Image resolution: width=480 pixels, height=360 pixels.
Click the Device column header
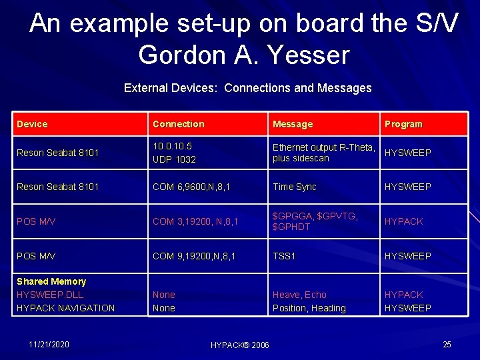32,124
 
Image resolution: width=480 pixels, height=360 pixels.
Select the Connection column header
178,124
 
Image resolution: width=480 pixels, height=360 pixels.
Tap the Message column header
292,124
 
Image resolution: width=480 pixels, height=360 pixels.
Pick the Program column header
403,124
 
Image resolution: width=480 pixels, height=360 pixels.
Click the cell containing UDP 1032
174,159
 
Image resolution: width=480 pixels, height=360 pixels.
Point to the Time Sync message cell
294,187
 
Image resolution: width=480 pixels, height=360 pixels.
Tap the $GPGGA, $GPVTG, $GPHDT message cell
315,221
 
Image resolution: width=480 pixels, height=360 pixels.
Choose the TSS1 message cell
285,256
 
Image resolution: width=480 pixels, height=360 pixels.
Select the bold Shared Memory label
51,281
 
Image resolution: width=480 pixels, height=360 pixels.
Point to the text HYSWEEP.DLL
50,295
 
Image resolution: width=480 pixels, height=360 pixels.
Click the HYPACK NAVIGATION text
65,308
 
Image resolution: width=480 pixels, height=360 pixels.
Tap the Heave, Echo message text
299,295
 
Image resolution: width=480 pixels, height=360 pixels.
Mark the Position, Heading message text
309,308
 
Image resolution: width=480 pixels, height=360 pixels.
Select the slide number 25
447,344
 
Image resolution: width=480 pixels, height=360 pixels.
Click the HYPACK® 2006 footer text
239,345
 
